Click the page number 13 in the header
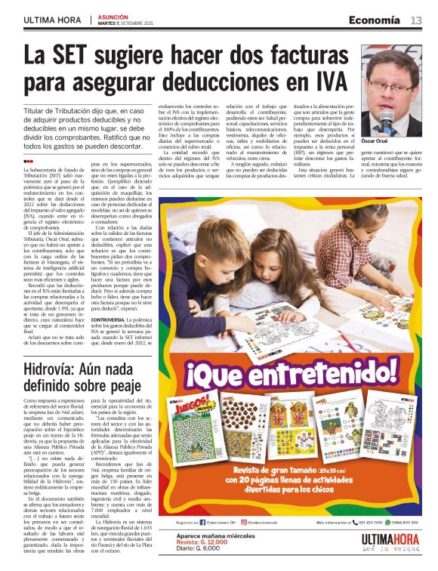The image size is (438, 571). point(416,20)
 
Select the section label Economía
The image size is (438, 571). point(374,20)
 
